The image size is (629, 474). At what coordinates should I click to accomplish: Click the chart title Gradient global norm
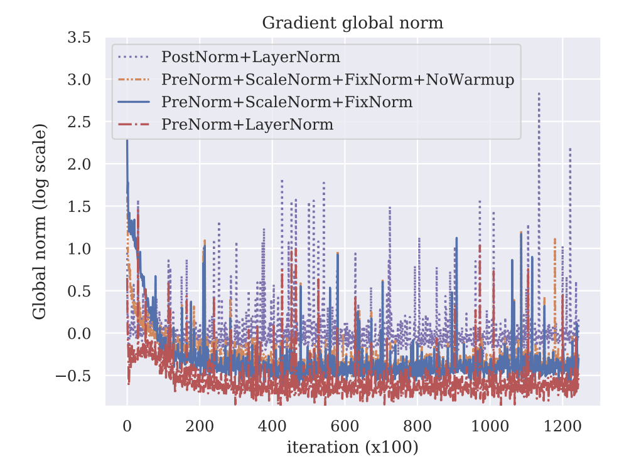point(352,23)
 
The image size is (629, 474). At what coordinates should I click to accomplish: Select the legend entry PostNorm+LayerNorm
point(250,57)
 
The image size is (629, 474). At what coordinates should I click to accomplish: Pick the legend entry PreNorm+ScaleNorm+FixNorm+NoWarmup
point(338,80)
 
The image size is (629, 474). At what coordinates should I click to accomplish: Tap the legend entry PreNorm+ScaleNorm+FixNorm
point(287,102)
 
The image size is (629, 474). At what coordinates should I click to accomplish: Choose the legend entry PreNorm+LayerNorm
point(247,124)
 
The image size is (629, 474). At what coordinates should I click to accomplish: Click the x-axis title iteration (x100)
point(352,448)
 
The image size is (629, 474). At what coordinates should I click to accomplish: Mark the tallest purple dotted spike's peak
point(539,93)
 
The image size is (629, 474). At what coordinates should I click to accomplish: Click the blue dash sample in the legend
point(134,102)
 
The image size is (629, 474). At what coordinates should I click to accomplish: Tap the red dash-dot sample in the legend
point(134,124)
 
